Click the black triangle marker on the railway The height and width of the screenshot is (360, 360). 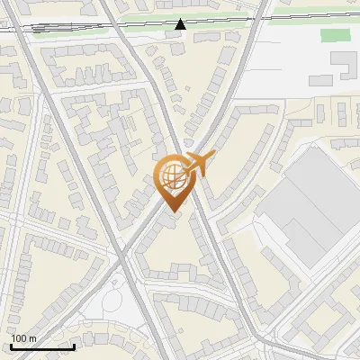(x=181, y=24)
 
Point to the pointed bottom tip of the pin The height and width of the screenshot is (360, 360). (x=173, y=212)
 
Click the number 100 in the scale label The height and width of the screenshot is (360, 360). (x=20, y=338)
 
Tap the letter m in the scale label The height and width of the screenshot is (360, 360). (x=32, y=338)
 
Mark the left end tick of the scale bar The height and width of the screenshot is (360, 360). (x=12, y=346)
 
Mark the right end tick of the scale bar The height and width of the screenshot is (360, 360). (x=75, y=346)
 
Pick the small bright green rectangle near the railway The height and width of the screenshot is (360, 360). (x=335, y=35)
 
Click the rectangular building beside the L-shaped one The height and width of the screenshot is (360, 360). (x=322, y=79)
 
